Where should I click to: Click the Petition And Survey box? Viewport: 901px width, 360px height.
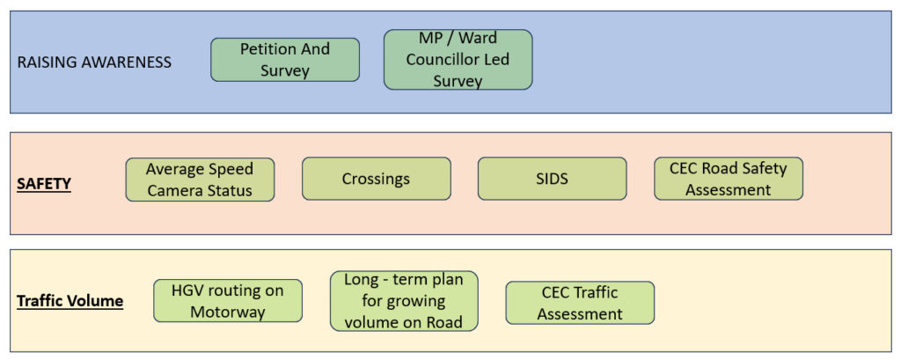click(285, 60)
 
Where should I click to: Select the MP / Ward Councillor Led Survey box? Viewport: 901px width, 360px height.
click(458, 60)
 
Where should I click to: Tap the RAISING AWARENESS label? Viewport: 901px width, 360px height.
click(94, 62)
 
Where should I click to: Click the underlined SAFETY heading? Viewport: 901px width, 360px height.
click(44, 184)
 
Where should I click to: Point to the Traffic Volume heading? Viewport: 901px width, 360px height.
click(70, 301)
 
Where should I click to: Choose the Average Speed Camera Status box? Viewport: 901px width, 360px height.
click(200, 180)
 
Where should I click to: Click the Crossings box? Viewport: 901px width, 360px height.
click(376, 179)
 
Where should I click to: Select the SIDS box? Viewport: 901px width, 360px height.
click(552, 179)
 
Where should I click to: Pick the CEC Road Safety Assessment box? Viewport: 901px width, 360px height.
click(729, 179)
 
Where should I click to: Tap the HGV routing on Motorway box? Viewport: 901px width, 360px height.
click(228, 301)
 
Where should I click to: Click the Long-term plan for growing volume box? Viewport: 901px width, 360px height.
click(404, 301)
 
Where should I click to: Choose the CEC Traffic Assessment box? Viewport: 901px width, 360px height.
click(580, 303)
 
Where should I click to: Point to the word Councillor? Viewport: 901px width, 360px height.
click(443, 60)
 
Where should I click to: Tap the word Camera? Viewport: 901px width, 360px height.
click(175, 190)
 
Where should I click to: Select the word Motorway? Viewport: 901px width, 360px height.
click(228, 312)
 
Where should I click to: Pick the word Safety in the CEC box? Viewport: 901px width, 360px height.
click(765, 168)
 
